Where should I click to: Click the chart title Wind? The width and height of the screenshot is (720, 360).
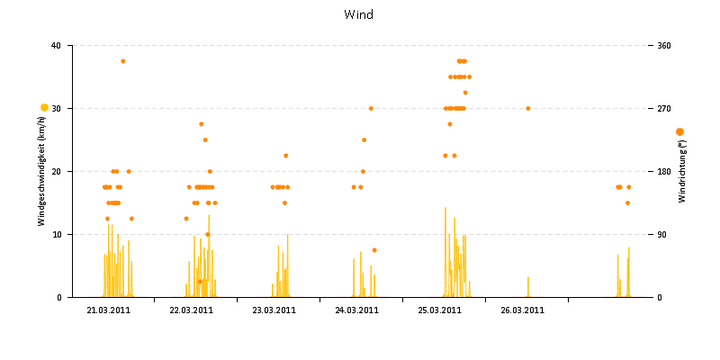(x=359, y=14)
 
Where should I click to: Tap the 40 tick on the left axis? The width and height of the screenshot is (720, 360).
(x=56, y=45)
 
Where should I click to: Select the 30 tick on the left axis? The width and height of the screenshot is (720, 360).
(x=56, y=108)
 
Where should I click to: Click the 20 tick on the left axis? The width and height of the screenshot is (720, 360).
(x=56, y=171)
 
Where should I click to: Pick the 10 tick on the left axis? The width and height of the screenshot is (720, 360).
(x=56, y=234)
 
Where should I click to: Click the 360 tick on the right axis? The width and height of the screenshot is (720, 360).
(x=663, y=45)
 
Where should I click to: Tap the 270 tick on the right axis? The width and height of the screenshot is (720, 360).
(x=663, y=108)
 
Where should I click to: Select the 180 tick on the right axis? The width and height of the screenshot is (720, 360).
(x=663, y=171)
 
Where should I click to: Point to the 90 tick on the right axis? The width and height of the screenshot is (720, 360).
(x=661, y=234)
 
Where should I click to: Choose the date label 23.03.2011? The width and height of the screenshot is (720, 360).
(x=274, y=310)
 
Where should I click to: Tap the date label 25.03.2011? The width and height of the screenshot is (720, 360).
(x=440, y=310)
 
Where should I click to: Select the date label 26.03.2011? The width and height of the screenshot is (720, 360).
(x=523, y=310)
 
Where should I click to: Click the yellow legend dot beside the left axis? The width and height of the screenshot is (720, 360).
(x=44, y=108)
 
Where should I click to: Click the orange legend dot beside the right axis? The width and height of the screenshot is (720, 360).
(x=679, y=131)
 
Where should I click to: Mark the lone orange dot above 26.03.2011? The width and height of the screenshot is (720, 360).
(x=528, y=108)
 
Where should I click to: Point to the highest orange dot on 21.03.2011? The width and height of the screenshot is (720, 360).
(x=123, y=61)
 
